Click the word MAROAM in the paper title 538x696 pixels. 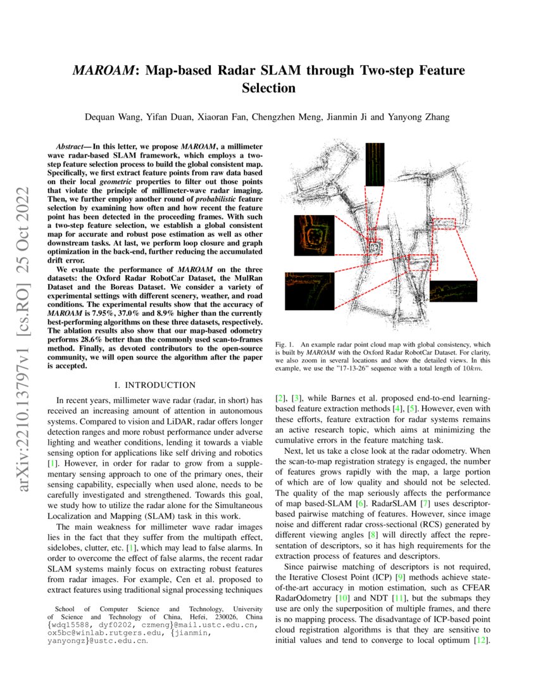click(101, 70)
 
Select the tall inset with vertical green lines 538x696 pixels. click(374, 164)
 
